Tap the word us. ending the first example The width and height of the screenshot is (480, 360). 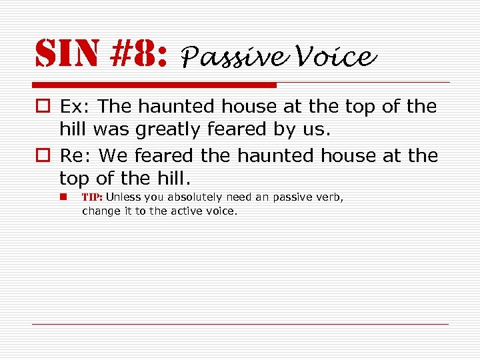318,129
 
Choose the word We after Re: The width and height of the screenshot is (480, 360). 114,156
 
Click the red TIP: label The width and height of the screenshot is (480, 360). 92,197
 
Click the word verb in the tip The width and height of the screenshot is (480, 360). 331,197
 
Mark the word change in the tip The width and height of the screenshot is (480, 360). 98,211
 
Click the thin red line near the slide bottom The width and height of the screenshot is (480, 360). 240,324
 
